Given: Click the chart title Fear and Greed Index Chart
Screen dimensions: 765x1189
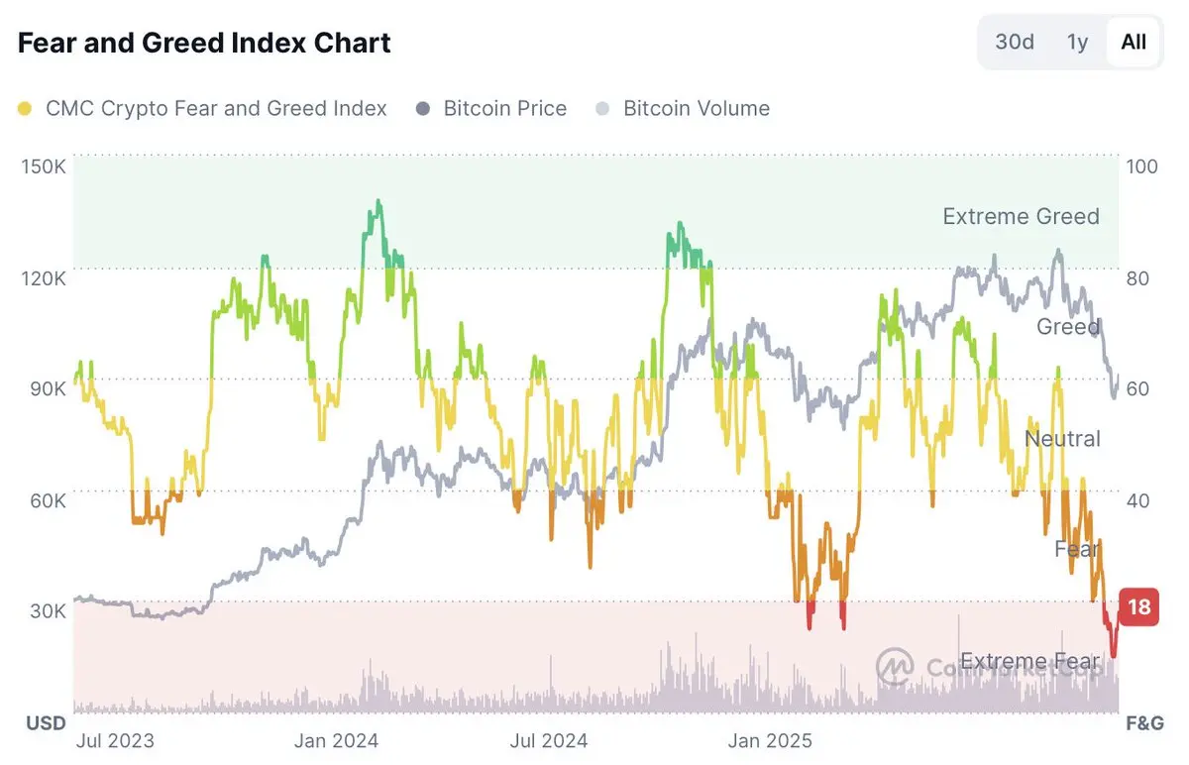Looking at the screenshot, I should (x=204, y=44).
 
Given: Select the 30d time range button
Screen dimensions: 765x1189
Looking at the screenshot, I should (x=1015, y=42).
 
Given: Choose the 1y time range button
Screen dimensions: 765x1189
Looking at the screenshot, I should (x=1077, y=42).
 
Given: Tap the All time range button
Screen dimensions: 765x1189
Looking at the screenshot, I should (x=1134, y=42).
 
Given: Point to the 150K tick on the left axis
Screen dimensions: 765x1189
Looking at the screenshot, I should (x=43, y=165).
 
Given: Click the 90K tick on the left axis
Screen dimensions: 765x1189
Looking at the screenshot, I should (x=46, y=388).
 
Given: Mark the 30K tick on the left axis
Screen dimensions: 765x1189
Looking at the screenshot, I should (x=46, y=610).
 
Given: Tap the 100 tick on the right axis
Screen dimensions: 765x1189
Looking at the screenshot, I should (x=1142, y=165).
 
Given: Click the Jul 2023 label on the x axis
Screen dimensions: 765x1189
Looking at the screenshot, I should (x=115, y=740).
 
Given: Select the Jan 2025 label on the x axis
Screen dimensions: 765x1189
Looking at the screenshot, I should (x=769, y=740).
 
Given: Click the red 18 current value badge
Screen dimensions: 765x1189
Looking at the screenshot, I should (x=1139, y=605).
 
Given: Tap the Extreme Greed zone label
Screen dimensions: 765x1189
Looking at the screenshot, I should (x=1021, y=216).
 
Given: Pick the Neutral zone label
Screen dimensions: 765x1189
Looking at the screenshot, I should (x=1062, y=438).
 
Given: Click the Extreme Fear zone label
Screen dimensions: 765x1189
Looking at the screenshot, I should (x=1030, y=661).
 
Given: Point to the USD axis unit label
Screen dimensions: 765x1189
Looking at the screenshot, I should (x=46, y=723).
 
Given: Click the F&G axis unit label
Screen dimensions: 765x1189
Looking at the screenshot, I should (x=1144, y=723).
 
